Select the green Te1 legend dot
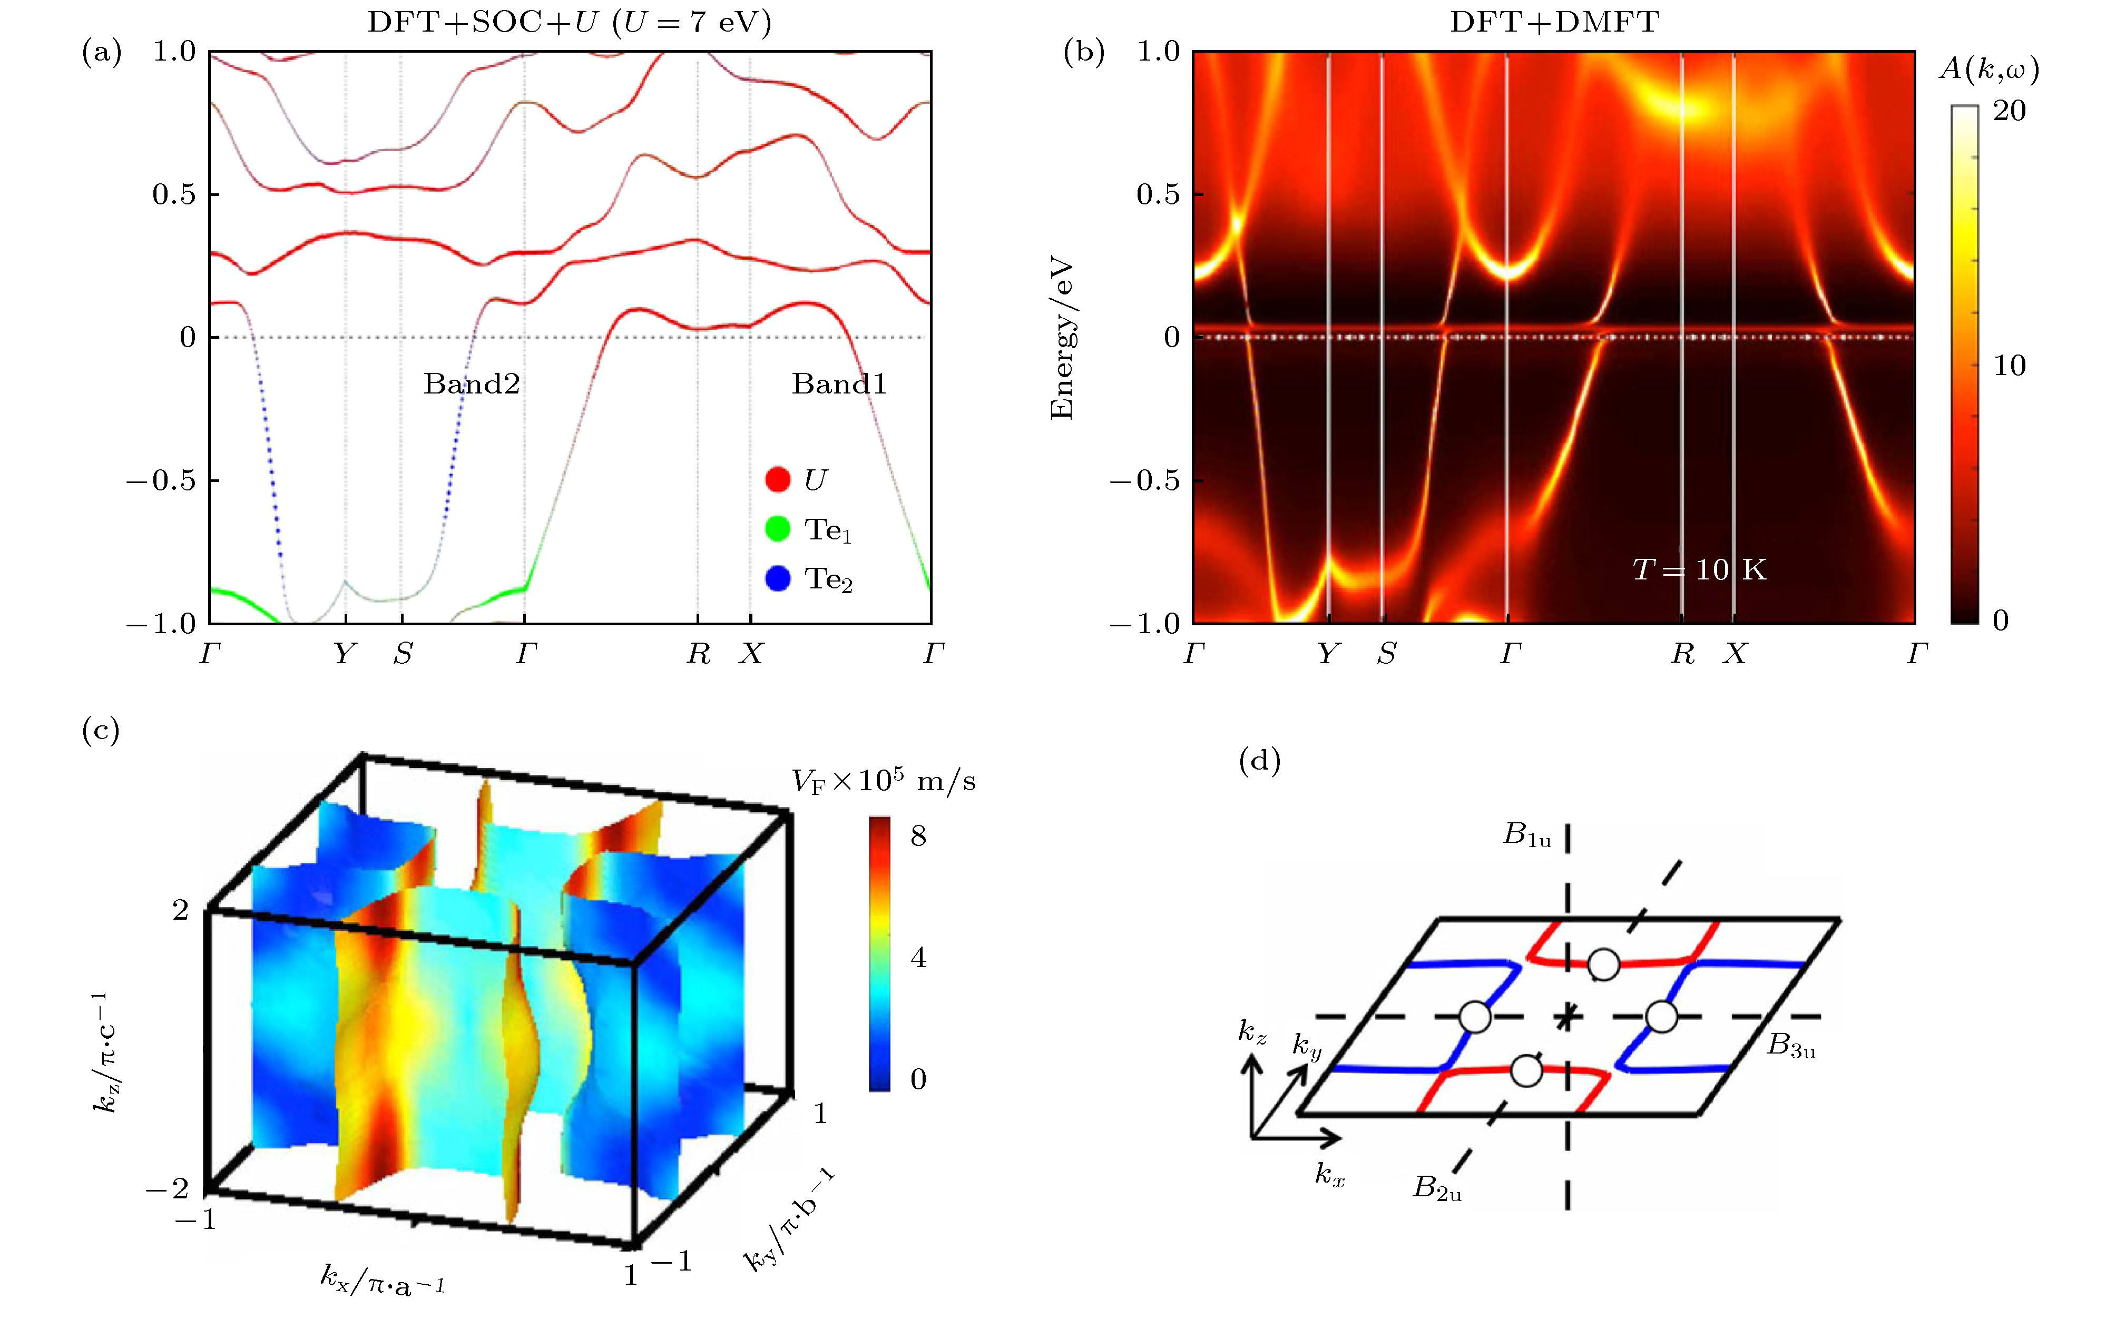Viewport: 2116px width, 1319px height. (x=777, y=529)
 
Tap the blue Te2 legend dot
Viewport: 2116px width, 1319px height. (x=777, y=578)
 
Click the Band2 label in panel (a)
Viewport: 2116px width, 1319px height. (x=472, y=384)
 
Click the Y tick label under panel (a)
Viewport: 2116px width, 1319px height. (x=346, y=653)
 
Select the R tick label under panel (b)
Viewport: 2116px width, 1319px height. (x=1682, y=653)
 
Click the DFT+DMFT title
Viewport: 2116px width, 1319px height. (x=1554, y=22)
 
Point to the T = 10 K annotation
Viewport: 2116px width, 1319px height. (x=1699, y=569)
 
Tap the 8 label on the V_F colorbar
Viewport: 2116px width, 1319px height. (x=918, y=836)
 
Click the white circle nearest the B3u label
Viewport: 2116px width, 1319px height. (x=1661, y=1016)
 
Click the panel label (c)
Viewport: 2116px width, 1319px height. (x=100, y=729)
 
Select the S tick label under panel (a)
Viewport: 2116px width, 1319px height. (x=402, y=653)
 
